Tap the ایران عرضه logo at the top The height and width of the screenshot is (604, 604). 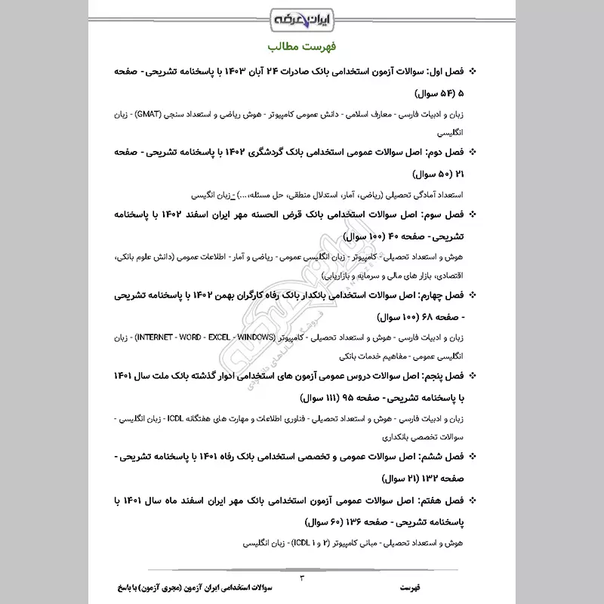click(x=302, y=17)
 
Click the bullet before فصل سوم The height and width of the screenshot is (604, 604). click(x=473, y=214)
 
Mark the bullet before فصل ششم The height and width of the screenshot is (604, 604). click(x=473, y=457)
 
